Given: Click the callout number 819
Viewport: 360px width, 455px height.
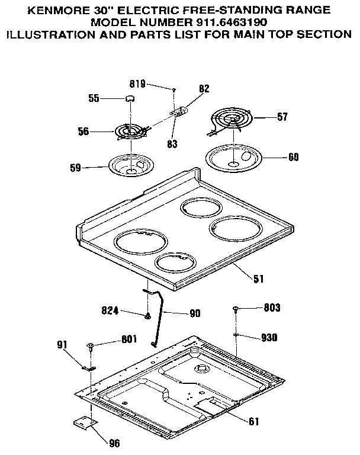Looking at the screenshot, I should (x=137, y=85).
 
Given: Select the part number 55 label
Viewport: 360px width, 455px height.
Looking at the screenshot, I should (x=94, y=99).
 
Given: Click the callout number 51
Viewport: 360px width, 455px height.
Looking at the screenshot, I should (x=258, y=278).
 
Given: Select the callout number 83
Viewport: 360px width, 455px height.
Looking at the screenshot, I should (x=172, y=144).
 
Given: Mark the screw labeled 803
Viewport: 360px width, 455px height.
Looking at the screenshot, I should (x=236, y=309).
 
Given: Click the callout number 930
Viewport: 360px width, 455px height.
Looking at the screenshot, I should (x=269, y=338).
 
